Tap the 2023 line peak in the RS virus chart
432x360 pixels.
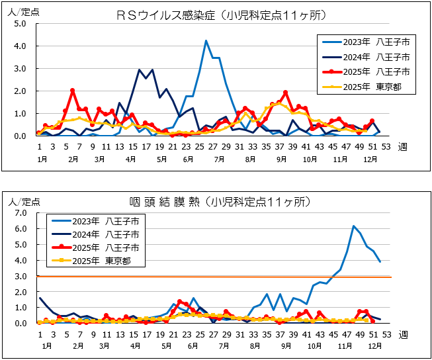206,41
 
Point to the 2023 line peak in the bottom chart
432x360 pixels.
354,226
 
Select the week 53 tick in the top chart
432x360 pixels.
386,148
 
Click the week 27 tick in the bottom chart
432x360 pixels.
213,335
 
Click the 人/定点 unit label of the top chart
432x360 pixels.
21,10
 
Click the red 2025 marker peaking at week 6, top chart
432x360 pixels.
73,91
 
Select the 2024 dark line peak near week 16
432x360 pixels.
140,69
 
